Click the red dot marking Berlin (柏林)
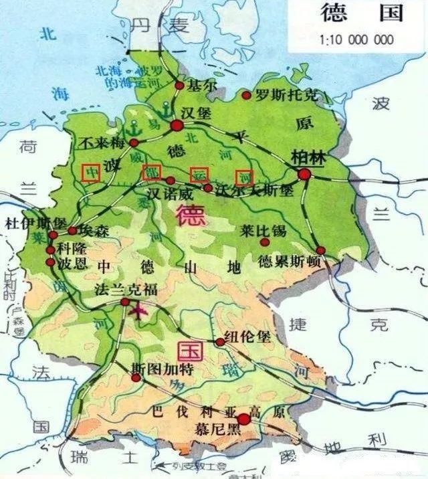(304, 174)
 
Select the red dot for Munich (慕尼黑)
(243, 419)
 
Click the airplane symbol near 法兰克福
(140, 310)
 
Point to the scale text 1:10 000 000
(357, 39)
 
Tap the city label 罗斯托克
(280, 95)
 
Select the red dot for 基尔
(179, 86)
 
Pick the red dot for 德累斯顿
(321, 250)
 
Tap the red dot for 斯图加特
(136, 377)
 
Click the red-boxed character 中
(91, 173)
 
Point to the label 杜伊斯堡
(35, 222)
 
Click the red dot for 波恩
(50, 262)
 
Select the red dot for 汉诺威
(170, 181)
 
